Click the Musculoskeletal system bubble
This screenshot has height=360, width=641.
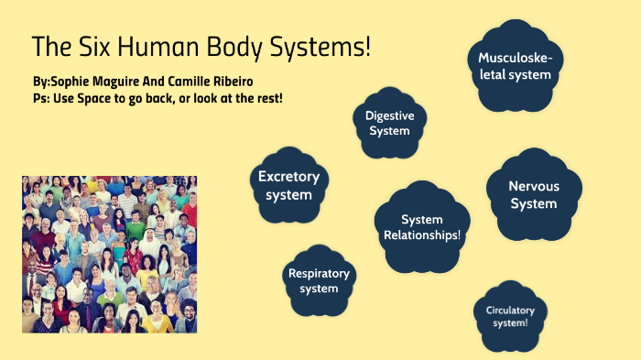pos(515,66)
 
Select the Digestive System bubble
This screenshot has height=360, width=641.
pos(389,123)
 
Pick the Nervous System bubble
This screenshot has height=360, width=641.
pos(533,194)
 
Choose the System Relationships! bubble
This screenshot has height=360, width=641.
pos(421,227)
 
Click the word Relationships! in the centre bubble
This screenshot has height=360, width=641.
pos(422,235)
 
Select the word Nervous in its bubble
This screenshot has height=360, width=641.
pos(534,186)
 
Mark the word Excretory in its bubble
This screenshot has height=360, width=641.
pos(288,177)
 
